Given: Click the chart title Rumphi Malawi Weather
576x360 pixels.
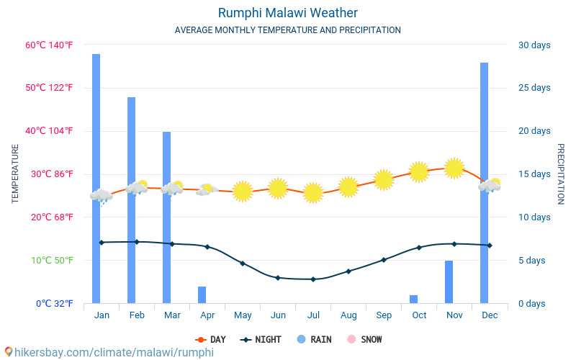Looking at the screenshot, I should click(287, 13).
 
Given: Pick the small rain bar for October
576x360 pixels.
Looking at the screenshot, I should click(413, 299).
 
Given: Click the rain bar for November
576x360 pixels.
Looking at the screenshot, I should click(449, 282).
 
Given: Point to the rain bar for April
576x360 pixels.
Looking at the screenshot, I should click(202, 295).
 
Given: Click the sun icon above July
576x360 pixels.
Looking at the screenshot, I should click(312, 193).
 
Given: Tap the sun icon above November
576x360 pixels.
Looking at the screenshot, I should click(454, 168).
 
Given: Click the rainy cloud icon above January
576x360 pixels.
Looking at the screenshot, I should click(101, 196).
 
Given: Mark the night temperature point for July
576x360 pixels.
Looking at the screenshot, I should click(312, 279).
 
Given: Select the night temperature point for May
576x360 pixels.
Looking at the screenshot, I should click(242, 264).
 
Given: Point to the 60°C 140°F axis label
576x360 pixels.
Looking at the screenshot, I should click(49, 45).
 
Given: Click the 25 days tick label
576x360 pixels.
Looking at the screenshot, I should click(534, 88).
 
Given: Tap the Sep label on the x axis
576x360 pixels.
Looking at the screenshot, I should click(383, 315).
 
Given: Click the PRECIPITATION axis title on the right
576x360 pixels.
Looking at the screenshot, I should click(561, 174).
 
